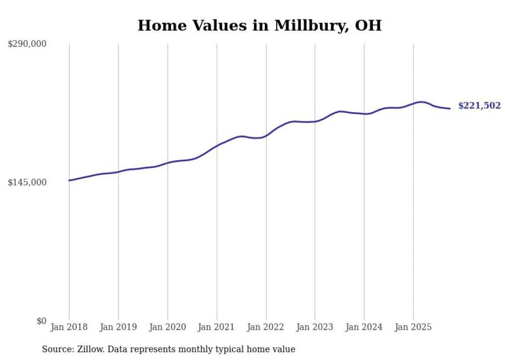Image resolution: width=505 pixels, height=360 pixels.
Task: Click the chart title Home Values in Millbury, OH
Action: [x=259, y=25]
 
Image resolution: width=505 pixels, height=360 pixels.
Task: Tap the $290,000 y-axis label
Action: [x=27, y=44]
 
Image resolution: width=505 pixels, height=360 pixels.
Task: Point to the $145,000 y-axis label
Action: [x=27, y=182]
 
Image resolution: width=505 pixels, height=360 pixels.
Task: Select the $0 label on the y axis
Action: [x=41, y=321]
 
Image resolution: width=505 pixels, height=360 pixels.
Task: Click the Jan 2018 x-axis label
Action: [x=69, y=327]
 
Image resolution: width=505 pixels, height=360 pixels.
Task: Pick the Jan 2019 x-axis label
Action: [x=119, y=327]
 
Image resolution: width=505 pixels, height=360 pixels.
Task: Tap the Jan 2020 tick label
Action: [x=167, y=327]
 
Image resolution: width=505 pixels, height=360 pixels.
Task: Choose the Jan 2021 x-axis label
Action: [x=216, y=327]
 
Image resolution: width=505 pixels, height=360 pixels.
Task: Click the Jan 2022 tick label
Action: [x=266, y=327]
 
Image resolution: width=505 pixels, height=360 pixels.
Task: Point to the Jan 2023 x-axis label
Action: [x=315, y=327]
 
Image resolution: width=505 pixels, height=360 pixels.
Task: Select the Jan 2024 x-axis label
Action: [x=364, y=327]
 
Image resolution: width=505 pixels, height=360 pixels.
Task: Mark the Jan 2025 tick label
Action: [x=413, y=327]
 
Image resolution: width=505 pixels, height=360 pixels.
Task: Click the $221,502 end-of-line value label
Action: [x=479, y=106]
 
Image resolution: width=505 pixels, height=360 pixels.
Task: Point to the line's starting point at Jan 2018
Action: [x=69, y=180]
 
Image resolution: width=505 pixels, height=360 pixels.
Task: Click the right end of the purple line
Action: [x=450, y=108]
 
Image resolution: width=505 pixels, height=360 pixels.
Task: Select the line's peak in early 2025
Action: [x=422, y=102]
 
